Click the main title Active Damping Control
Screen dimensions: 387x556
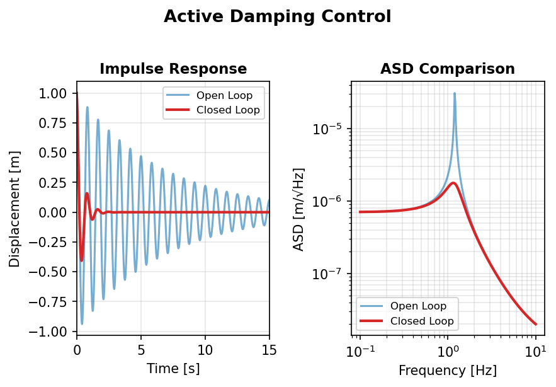tap(277, 17)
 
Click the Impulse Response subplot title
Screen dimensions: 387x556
tap(173, 69)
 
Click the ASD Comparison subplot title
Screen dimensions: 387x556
tap(448, 69)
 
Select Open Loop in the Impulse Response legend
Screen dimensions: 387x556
tap(224, 96)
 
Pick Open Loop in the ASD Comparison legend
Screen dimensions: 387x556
tap(418, 306)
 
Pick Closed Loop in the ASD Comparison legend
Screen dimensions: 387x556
tap(422, 321)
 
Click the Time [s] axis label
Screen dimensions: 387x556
tap(173, 369)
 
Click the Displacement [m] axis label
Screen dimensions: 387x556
tap(15, 209)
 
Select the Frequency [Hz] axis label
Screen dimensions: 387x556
tap(448, 371)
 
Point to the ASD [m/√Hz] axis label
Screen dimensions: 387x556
tap(300, 209)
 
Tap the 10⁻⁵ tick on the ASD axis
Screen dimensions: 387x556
tap(328, 129)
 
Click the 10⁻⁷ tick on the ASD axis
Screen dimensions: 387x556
tap(328, 274)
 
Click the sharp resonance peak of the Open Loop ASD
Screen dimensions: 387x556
tap(455, 94)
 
